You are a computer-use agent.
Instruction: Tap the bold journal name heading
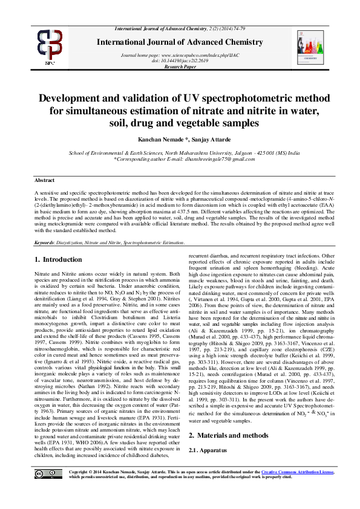[180, 42]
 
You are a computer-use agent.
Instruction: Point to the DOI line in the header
[180, 61]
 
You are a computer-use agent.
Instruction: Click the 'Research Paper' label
[180, 67]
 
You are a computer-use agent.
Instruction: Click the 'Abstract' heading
[44, 181]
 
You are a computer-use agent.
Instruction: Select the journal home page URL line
[180, 55]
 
